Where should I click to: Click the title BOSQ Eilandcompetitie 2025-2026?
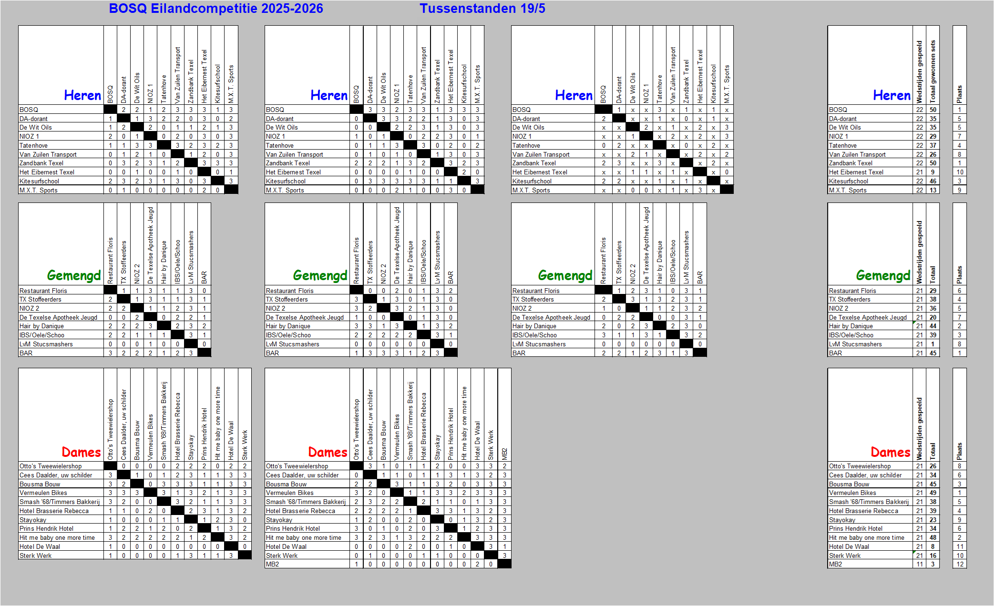pos(216,9)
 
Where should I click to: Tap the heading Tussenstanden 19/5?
pos(482,9)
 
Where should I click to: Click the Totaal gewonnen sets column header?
pos(933,71)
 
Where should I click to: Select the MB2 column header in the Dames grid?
pos(504,454)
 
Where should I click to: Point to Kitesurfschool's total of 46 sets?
pos(933,181)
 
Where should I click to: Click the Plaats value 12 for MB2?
pos(960,564)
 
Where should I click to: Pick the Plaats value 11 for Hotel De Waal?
pos(960,546)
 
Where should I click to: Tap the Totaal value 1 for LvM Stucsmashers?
pos(933,344)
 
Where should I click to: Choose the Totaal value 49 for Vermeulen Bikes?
pos(933,493)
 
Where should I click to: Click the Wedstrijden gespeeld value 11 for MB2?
pos(920,564)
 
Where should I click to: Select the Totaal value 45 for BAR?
pos(933,353)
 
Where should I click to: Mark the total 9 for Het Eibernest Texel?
pos(933,172)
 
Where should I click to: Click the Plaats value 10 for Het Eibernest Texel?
pos(960,172)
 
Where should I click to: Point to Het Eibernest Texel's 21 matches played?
pos(920,172)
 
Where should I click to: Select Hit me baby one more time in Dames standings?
pos(866,537)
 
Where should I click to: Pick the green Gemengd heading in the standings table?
pos(883,275)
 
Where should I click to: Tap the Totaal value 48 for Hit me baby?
pos(933,537)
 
